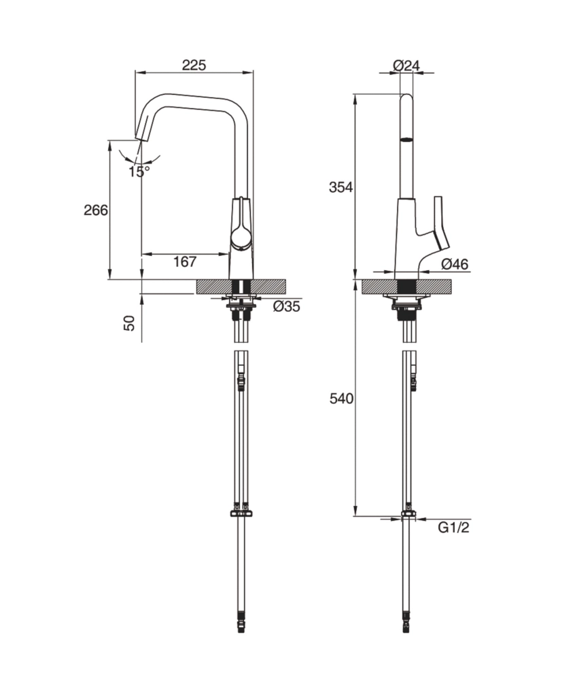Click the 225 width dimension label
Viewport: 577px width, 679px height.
coord(194,65)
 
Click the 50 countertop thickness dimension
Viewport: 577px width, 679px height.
coord(129,321)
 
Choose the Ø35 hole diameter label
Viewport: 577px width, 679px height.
coord(286,306)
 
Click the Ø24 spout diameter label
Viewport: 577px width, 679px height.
coord(406,65)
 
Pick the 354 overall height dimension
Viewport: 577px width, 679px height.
coord(341,187)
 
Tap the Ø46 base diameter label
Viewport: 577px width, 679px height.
coord(454,265)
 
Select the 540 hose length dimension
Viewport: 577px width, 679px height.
coord(341,399)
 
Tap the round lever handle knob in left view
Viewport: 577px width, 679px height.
coord(241,237)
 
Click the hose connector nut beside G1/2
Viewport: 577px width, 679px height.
coord(407,513)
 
